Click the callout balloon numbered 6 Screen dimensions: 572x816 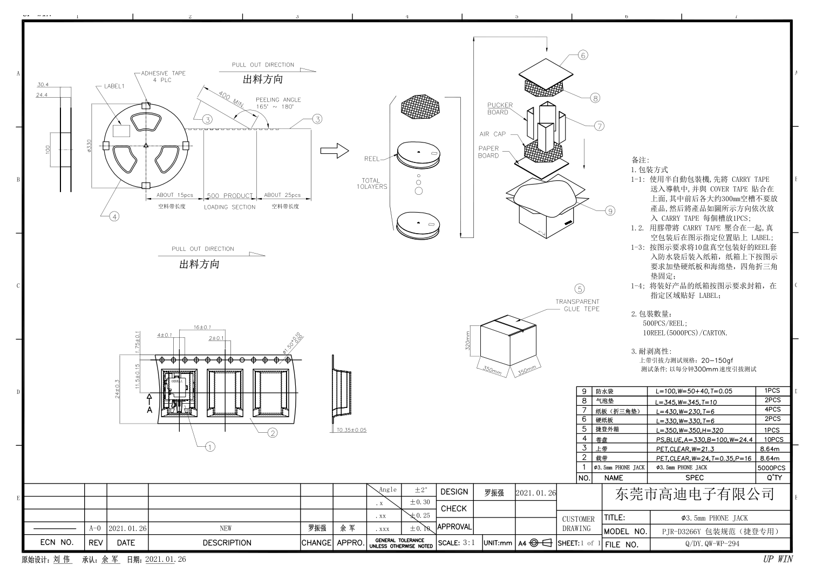coord(583,55)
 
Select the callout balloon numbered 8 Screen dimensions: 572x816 coord(595,98)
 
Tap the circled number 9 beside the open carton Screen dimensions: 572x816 coord(610,210)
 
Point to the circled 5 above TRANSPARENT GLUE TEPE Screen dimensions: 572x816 coord(580,289)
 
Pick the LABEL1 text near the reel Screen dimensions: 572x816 coord(114,86)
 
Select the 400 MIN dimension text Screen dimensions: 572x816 coord(230,98)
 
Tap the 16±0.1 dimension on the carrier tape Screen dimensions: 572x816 coord(202,327)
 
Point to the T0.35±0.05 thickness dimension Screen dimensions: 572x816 coord(351,430)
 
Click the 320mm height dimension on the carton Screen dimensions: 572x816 coord(468,340)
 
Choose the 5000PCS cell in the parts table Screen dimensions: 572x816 coord(771,468)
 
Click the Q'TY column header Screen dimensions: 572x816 coord(774,478)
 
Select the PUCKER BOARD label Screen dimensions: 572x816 coord(500,108)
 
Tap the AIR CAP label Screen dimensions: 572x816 coord(492,134)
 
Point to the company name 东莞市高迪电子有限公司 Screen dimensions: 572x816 coord(695,494)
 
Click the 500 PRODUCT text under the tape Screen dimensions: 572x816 coord(229,195)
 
